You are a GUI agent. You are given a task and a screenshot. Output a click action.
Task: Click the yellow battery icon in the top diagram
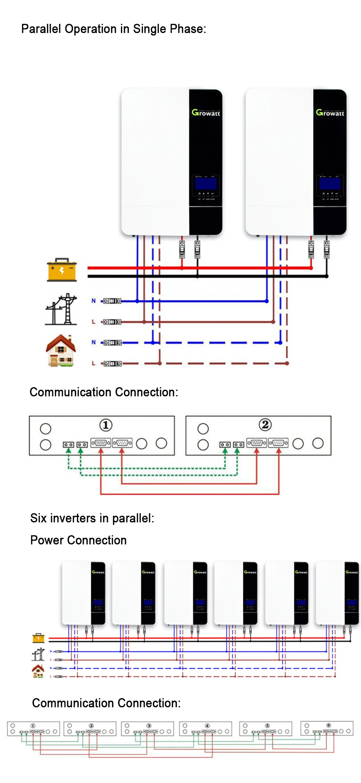pos(62,270)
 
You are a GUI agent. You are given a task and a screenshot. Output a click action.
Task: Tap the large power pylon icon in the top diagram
pos(61,309)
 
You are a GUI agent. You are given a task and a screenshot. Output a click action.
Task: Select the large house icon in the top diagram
pos(61,351)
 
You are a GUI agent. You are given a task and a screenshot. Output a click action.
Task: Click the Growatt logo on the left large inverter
pos(206,113)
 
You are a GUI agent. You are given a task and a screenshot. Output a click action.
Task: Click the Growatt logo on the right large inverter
pos(330,113)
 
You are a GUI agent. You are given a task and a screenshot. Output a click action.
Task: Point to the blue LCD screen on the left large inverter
pos(206,183)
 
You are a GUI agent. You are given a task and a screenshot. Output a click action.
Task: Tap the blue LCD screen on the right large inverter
pos(330,183)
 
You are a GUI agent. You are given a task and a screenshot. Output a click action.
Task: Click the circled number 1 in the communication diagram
pos(106,425)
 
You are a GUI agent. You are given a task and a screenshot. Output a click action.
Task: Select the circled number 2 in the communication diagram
pos(265,425)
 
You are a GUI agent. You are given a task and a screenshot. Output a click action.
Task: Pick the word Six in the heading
pos(39,518)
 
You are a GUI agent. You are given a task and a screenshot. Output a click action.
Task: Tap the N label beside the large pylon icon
pos(93,301)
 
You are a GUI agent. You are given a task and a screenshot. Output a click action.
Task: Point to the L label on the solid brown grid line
pos(93,322)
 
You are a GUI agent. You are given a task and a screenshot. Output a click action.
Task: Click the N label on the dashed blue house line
pos(93,342)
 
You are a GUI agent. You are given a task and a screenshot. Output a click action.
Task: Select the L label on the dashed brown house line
pos(93,363)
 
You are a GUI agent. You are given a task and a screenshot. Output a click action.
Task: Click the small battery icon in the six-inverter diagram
pos(38,638)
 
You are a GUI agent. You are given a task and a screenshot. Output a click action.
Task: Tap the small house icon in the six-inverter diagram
pos(38,671)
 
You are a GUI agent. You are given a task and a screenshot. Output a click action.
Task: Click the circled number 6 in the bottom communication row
pos(329,725)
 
